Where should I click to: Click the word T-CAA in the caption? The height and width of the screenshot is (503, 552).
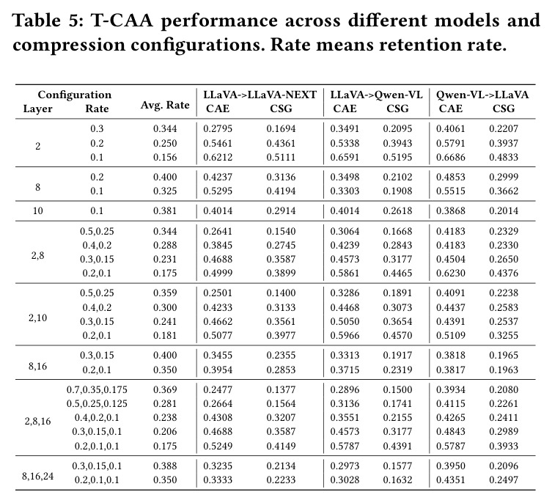pos(122,21)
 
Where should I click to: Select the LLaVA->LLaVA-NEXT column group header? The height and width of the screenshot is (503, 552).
pos(260,95)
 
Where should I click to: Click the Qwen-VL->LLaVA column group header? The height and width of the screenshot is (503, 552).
pos(482,95)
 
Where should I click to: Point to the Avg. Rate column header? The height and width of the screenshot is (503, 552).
pos(165,105)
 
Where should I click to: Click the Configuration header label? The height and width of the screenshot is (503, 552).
pos(75,95)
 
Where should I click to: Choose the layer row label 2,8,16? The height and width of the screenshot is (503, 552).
pos(37,422)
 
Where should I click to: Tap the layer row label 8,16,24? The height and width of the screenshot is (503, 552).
pos(37,476)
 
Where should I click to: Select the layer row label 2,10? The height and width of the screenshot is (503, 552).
pos(37,317)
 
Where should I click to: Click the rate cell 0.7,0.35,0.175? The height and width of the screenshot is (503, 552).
pos(97,389)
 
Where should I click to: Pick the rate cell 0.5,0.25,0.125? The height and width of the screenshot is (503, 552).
pos(97,403)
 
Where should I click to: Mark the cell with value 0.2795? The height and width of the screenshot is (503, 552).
pos(218,128)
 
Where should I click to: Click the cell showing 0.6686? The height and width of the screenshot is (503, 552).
pos(451,157)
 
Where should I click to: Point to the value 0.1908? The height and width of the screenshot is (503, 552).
pos(397,191)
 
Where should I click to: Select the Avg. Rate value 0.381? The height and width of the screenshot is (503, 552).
pos(165,210)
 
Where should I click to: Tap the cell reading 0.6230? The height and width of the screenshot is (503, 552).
pos(451,273)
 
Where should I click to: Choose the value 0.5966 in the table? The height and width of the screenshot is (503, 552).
pos(345,335)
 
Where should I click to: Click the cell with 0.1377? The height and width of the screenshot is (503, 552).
pos(281,389)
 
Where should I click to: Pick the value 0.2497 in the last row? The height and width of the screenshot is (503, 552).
pos(504,480)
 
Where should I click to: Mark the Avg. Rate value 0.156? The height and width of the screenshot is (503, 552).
pos(165,157)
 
